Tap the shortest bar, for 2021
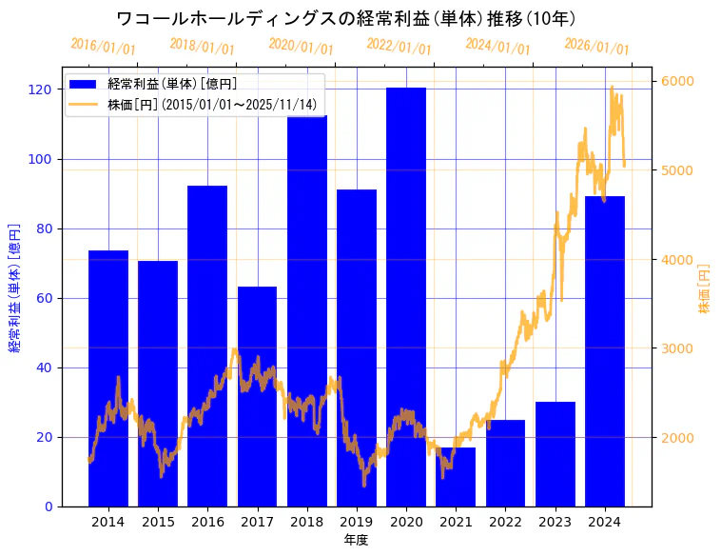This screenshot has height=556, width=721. pos(456,477)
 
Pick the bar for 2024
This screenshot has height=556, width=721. pos(604,351)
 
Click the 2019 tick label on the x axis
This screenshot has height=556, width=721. pos(357,522)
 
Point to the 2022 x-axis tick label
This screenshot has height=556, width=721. pos(505,522)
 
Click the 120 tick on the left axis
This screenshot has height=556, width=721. pos(40,89)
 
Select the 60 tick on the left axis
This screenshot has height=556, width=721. pos(44,298)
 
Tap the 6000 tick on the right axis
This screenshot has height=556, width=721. pos(676,82)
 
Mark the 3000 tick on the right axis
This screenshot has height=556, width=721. pos(676,348)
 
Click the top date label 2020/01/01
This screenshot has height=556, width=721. pos(301,46)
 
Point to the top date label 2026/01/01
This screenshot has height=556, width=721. pos(596,46)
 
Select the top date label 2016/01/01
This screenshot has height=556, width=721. pos(103,46)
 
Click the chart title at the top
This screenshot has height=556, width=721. pos(346,18)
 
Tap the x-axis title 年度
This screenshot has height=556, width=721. pos(356,540)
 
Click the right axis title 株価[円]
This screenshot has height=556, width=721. pos(705,289)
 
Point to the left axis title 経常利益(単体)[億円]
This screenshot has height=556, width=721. pos(14,288)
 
